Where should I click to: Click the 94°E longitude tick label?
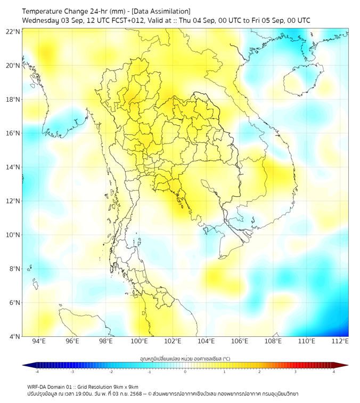(x=39, y=341)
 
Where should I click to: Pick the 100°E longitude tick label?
(x=139, y=341)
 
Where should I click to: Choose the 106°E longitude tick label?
(x=240, y=341)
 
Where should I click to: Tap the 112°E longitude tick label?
(x=340, y=341)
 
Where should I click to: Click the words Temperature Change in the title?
(x=53, y=11)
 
